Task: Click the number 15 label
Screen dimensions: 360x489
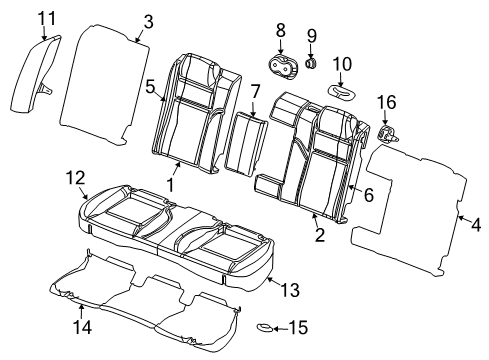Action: (300, 327)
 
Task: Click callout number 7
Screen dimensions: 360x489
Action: (255, 93)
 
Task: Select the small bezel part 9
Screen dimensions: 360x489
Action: (311, 66)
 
